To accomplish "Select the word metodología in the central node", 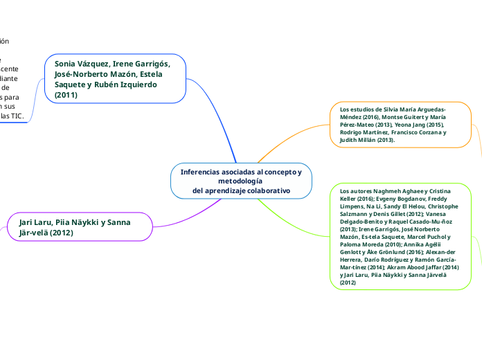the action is tap(240, 181).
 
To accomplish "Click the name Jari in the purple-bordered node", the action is tap(28, 222).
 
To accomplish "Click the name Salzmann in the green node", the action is tap(354, 214).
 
